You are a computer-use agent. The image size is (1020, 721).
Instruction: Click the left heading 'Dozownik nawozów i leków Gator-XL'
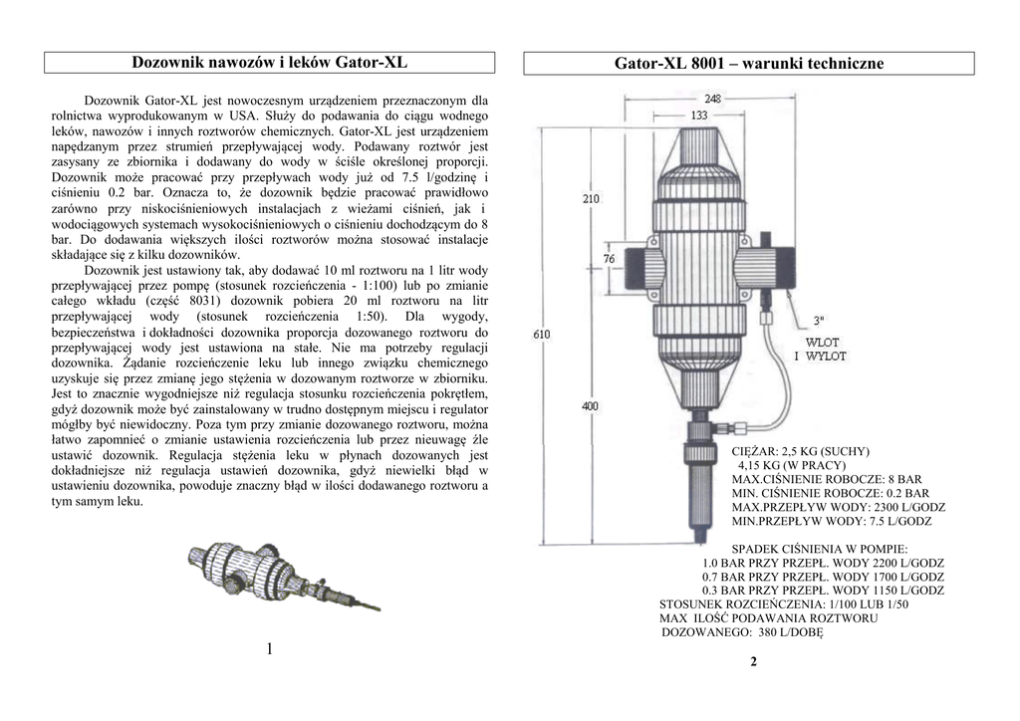click(x=269, y=63)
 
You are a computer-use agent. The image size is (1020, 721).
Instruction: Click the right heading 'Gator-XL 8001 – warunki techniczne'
click(x=749, y=64)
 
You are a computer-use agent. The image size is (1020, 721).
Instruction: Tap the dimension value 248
click(x=713, y=99)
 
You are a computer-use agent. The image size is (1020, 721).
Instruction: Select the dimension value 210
click(x=591, y=199)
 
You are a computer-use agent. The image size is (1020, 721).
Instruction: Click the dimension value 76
click(x=610, y=259)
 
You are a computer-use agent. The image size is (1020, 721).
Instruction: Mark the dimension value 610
click(x=541, y=335)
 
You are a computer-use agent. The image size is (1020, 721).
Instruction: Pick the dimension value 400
click(x=591, y=406)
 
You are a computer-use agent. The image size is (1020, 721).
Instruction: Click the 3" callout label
click(x=819, y=321)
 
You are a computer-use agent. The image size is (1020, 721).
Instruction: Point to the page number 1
click(x=269, y=649)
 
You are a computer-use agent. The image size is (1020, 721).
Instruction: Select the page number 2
click(x=753, y=662)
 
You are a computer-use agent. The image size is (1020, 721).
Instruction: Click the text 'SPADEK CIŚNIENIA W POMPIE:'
click(x=819, y=549)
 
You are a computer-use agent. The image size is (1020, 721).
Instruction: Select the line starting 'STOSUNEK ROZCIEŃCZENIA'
click(x=783, y=604)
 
